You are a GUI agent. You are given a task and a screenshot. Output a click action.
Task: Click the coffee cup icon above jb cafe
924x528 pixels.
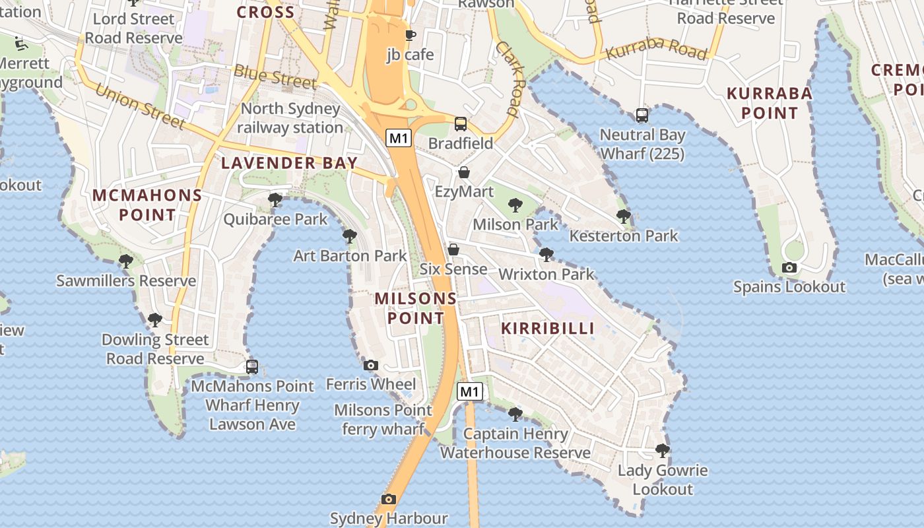coord(410,35)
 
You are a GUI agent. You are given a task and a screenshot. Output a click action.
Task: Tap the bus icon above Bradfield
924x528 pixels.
coord(461,124)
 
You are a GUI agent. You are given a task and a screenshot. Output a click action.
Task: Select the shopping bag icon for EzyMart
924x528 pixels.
coord(464,172)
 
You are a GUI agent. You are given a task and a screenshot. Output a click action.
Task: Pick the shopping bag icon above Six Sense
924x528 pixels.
coord(453,249)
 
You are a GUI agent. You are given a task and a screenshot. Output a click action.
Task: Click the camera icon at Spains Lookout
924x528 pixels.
coord(789,267)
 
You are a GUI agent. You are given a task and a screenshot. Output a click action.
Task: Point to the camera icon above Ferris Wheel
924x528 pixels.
coord(371,365)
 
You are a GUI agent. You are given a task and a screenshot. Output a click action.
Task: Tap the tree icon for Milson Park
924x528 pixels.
coord(515,205)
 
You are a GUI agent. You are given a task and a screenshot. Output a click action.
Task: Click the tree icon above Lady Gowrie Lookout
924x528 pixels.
coord(663,451)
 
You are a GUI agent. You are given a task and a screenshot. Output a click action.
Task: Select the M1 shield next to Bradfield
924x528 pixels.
coord(399,138)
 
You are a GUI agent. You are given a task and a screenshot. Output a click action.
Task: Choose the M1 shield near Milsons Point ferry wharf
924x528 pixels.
coord(469,391)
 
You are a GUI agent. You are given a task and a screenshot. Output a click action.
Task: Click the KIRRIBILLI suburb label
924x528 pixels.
coord(548,328)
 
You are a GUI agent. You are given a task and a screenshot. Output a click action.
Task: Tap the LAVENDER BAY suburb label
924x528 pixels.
coord(289,163)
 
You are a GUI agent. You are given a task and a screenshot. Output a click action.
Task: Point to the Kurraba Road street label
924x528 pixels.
coord(656,49)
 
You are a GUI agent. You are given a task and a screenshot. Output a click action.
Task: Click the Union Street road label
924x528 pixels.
coord(140,106)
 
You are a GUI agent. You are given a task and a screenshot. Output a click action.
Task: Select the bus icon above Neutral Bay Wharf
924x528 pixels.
coord(642,115)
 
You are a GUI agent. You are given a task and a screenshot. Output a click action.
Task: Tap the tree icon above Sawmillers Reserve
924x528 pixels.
coord(125,261)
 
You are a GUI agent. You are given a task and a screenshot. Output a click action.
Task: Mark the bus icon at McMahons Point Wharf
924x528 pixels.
coord(252,366)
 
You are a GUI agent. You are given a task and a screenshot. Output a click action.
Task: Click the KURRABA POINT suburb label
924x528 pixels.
coord(769,103)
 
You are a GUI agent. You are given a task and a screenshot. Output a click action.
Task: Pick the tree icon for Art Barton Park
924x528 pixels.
coord(350,236)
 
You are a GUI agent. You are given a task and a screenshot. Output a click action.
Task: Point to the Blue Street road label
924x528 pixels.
coord(275,77)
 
